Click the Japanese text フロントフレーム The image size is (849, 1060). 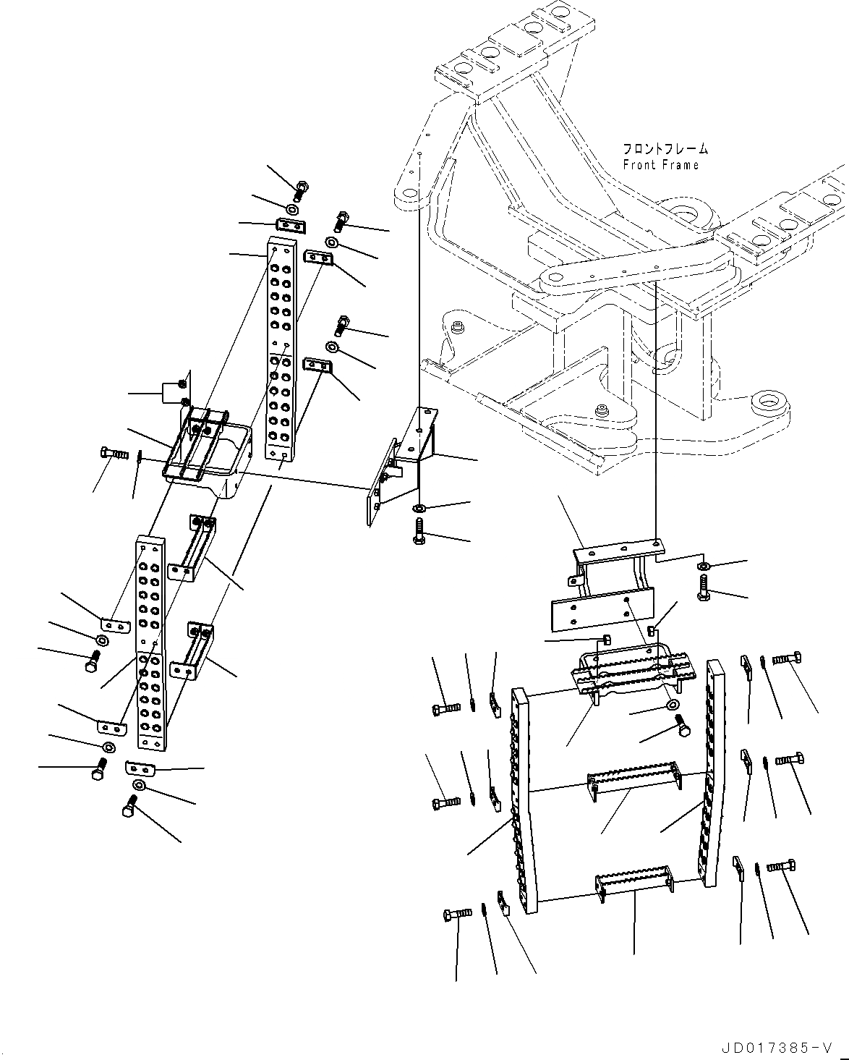pos(665,150)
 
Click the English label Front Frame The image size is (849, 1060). pos(661,165)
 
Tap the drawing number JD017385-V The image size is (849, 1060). pos(777,1046)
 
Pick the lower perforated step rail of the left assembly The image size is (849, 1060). pos(152,640)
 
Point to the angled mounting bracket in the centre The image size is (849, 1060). pos(405,463)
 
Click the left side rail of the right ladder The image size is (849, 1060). pos(524,796)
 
